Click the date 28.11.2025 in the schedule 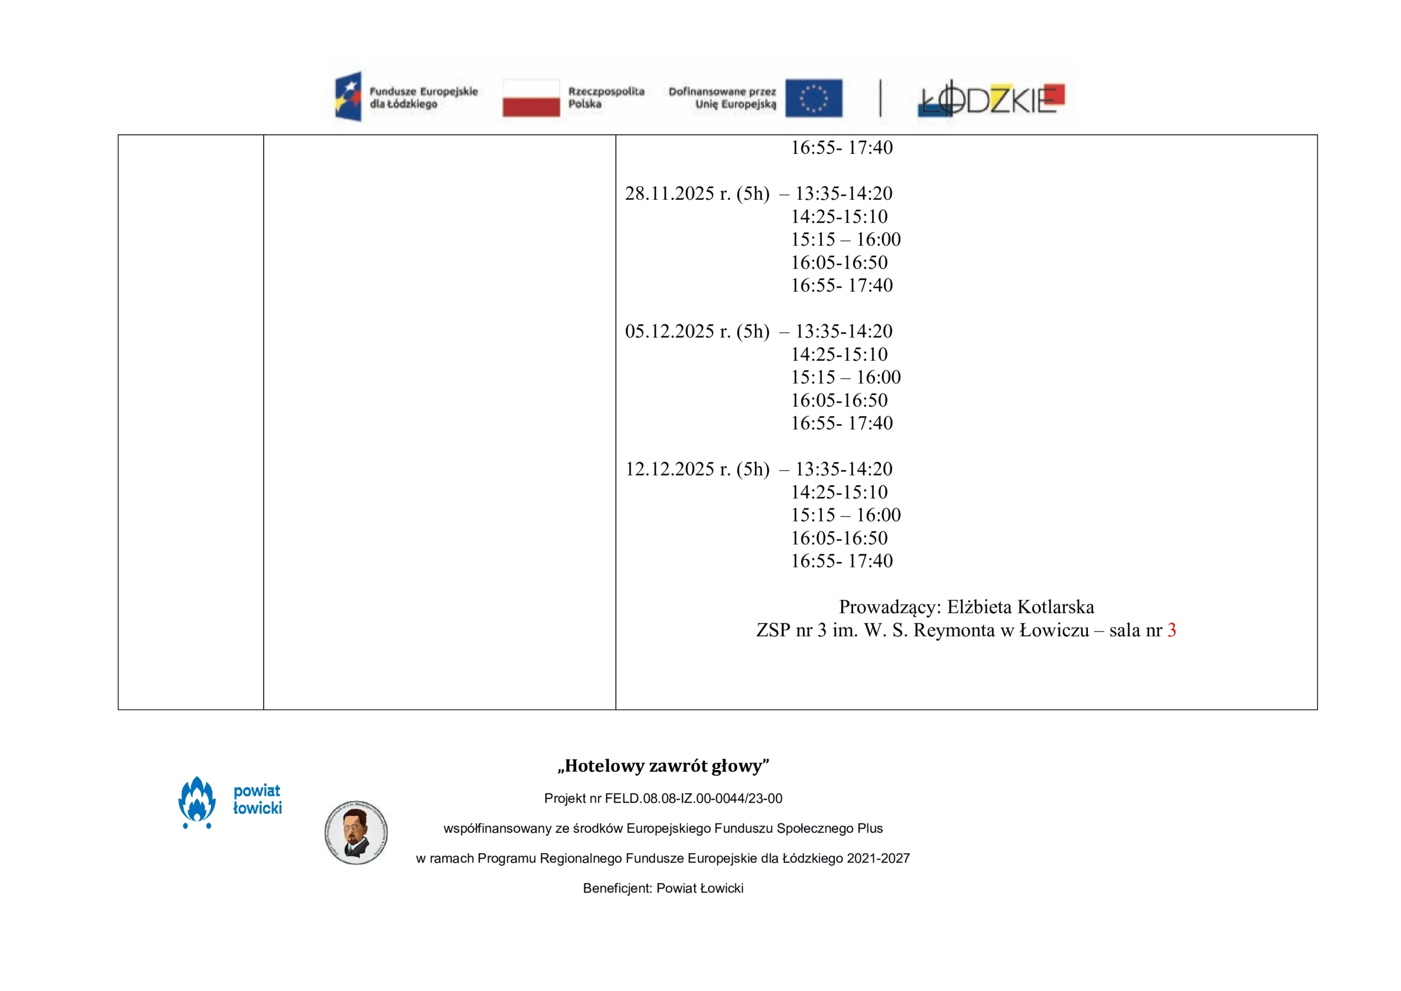[669, 194]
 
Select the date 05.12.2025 [669, 332]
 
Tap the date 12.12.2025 [669, 470]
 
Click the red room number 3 [1171, 630]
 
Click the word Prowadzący [890, 607]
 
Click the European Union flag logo [813, 97]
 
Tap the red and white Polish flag [531, 97]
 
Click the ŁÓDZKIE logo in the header [992, 99]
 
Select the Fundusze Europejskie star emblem [349, 96]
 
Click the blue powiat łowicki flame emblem [196, 802]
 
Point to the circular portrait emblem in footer [356, 832]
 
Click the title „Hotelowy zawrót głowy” [663, 766]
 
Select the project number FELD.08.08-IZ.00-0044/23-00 [693, 799]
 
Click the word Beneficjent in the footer [617, 889]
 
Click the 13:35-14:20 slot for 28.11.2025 [843, 194]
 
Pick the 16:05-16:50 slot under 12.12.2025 [839, 538]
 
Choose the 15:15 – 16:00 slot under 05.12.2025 [845, 377]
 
